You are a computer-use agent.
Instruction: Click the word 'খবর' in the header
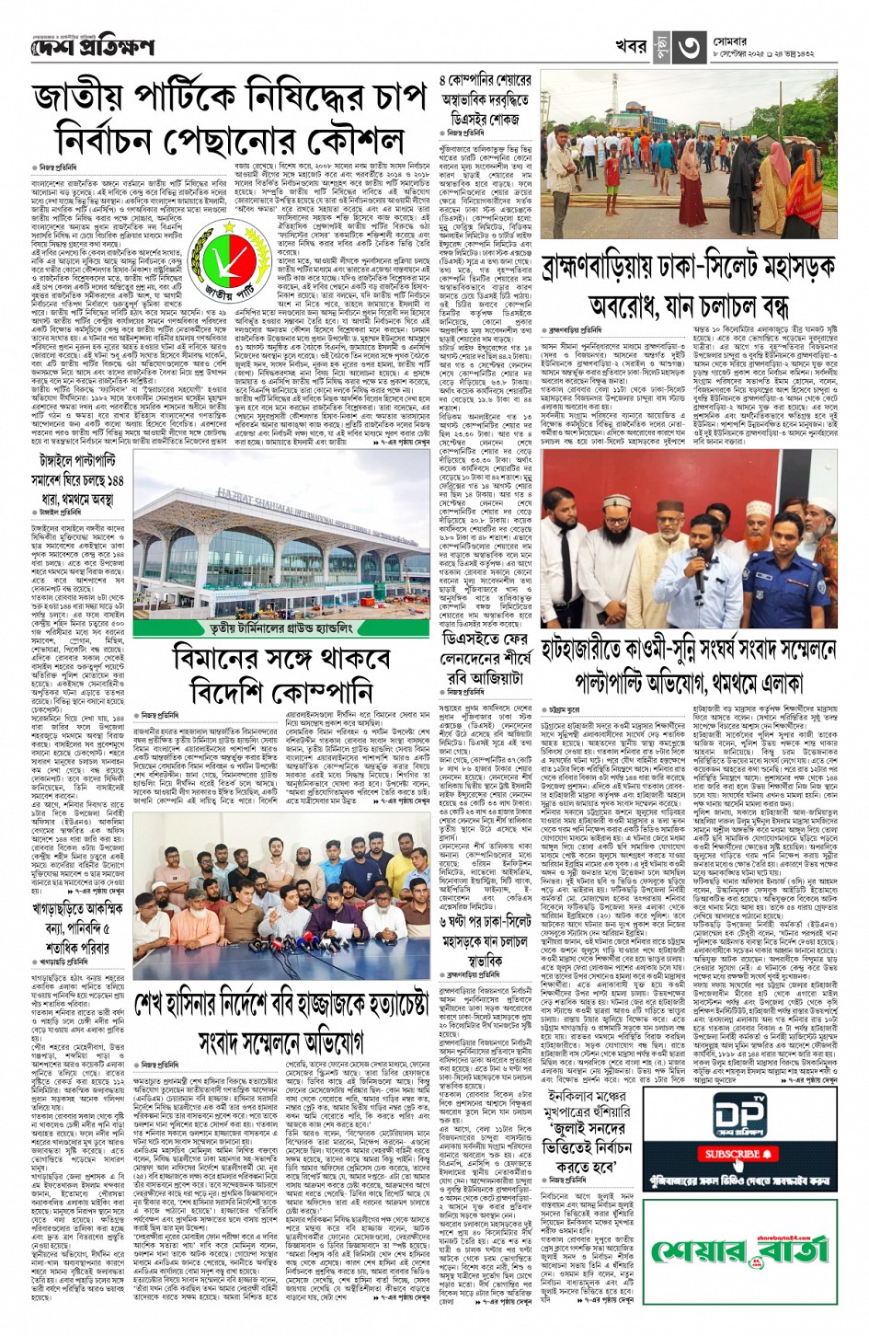[632, 47]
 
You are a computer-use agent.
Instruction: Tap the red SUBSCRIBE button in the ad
[733, 1154]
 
